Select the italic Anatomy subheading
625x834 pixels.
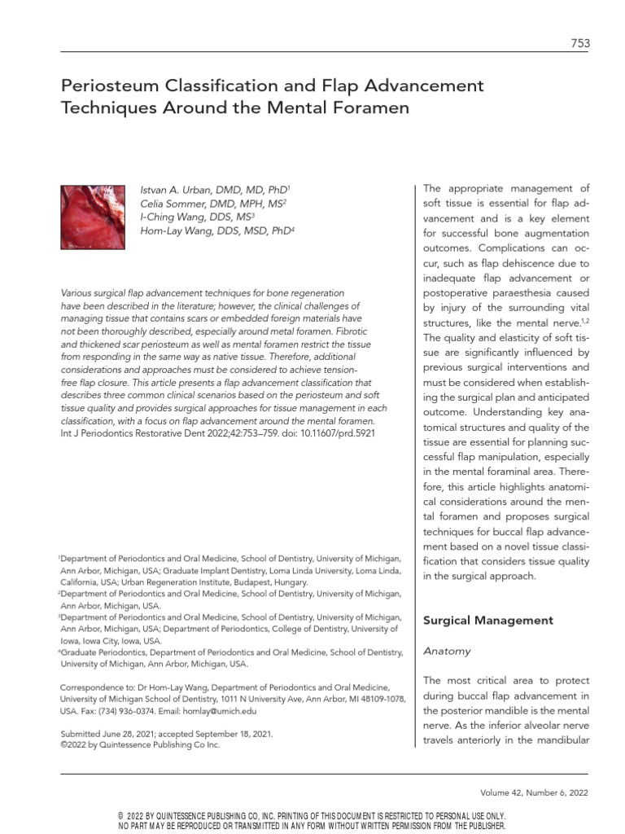(x=446, y=652)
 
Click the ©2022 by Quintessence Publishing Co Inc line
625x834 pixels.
(x=140, y=744)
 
